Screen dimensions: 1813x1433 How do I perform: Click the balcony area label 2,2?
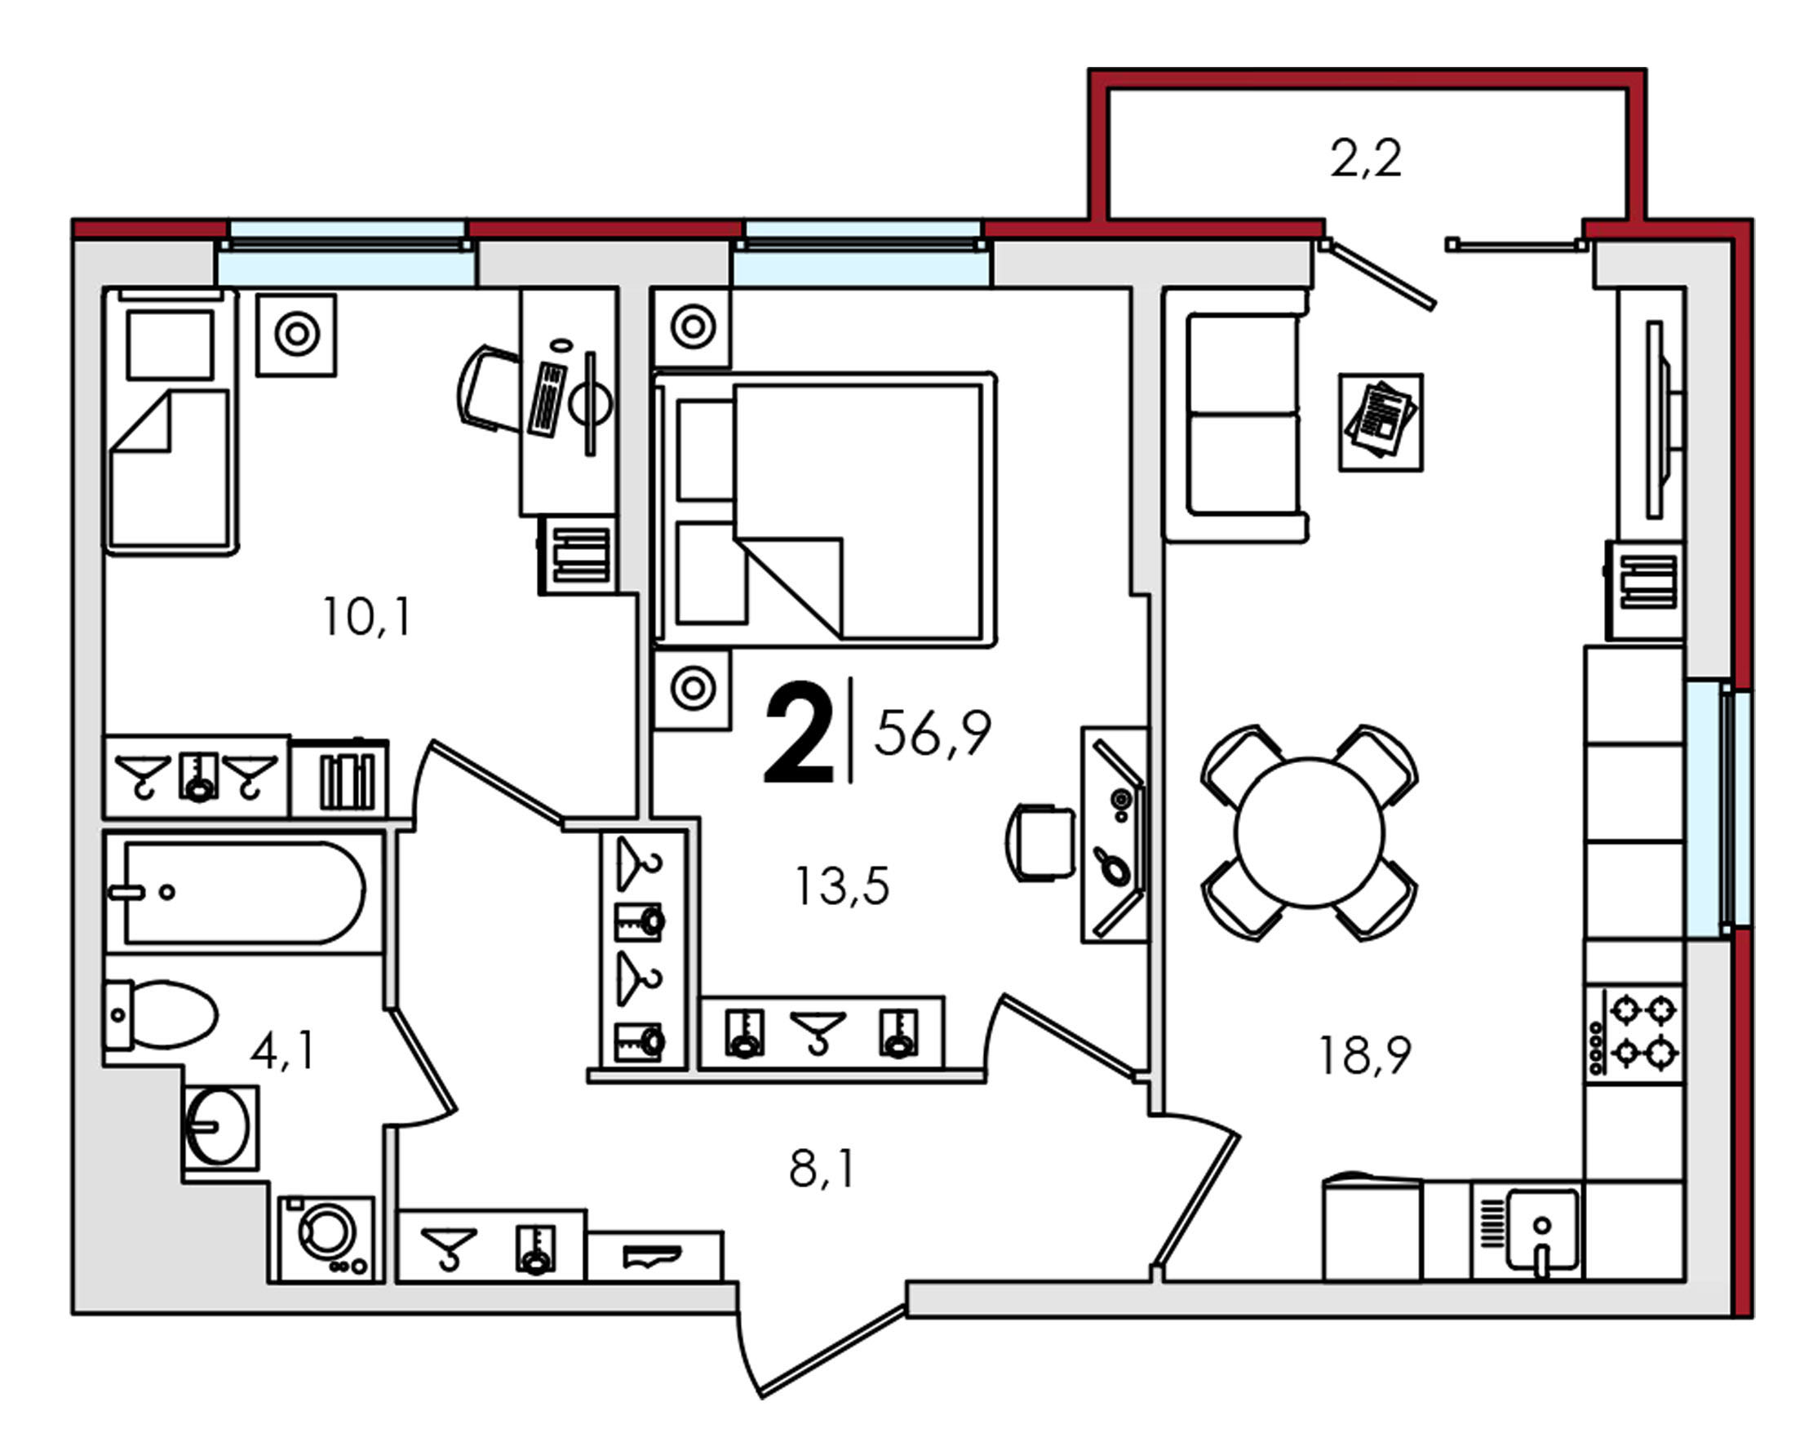1365,158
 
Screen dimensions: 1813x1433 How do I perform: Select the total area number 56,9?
933,733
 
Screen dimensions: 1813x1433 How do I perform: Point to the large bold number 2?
799,732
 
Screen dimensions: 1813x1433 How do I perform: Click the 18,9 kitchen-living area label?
1365,1054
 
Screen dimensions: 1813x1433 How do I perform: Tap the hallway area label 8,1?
822,1169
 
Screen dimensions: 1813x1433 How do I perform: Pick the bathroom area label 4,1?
283,1050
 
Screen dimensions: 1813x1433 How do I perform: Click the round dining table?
1309,832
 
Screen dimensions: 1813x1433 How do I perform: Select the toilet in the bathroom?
160,1014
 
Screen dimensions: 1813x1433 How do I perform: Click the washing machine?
326,1238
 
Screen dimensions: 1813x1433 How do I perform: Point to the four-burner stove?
1633,1034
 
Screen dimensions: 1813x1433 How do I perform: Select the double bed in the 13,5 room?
826,509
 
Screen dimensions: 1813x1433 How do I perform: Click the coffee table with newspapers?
1380,422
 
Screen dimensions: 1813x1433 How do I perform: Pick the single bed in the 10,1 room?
171,421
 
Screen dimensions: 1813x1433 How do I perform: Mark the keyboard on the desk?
547,398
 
